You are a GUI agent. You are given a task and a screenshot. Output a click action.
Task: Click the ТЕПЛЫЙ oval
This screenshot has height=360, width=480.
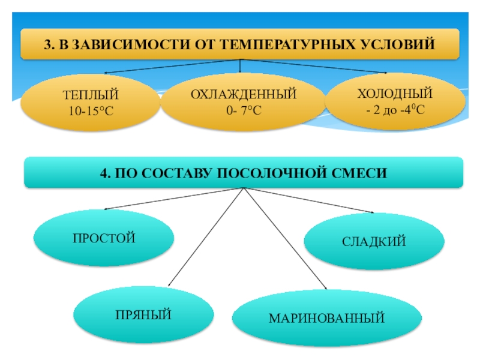[x=91, y=102]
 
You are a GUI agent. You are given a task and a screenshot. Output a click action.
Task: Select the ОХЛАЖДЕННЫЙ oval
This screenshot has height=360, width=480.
[x=239, y=102]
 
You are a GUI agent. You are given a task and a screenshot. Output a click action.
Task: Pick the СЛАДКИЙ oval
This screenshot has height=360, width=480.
[x=374, y=242]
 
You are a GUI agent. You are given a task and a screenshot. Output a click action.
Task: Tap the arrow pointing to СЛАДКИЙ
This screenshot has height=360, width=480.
[x=312, y=200]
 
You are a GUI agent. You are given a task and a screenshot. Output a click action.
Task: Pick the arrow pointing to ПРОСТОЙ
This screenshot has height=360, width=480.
[x=174, y=199]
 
